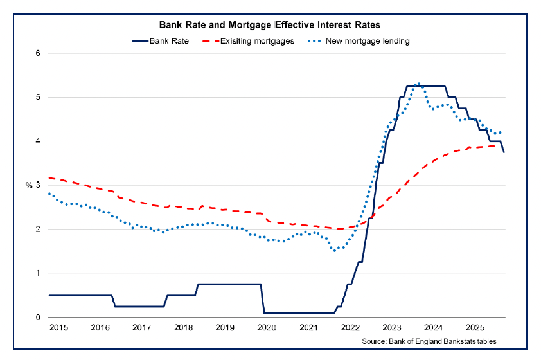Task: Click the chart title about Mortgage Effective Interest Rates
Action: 270,26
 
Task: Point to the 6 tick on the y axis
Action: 39,53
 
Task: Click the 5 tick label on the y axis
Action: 39,97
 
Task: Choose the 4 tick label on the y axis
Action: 39,141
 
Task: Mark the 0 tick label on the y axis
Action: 39,317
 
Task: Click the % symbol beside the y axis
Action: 29,185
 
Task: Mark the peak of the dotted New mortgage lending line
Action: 419,84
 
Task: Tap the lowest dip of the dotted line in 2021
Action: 335,251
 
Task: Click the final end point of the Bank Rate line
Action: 504,152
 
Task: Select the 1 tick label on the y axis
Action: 39,273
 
